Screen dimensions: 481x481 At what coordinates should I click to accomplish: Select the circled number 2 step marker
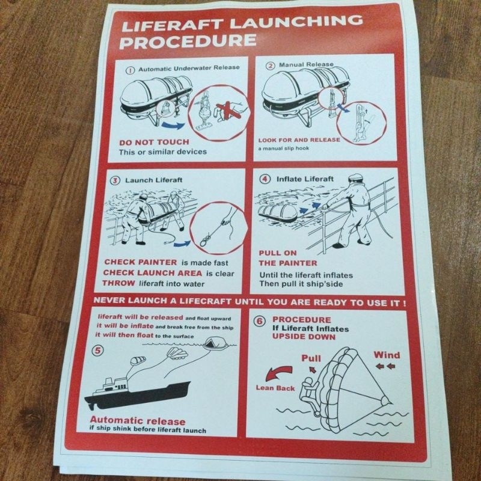coord(271,65)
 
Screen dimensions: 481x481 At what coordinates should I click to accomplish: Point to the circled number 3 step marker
coord(114,180)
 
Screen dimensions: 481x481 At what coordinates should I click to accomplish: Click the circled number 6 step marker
coord(260,321)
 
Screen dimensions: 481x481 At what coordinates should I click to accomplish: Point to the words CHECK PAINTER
coord(141,262)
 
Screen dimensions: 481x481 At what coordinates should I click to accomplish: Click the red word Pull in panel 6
coord(311,359)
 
